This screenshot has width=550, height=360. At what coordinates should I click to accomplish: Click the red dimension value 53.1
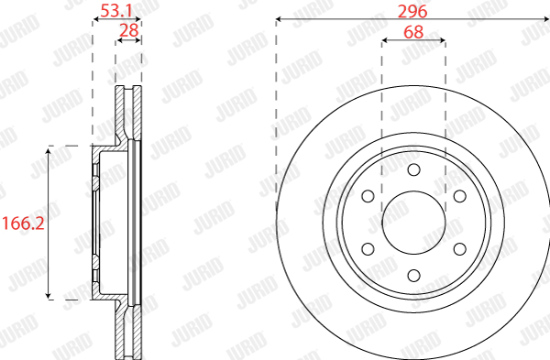click(x=116, y=11)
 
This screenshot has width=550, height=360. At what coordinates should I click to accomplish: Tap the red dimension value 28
click(x=129, y=31)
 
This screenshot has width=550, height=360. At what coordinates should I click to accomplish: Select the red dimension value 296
click(x=412, y=12)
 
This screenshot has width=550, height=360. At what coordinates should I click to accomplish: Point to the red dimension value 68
click(x=413, y=32)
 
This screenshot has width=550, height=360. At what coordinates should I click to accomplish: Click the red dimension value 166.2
click(x=23, y=224)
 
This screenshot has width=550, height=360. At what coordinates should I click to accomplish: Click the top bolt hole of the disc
click(x=414, y=169)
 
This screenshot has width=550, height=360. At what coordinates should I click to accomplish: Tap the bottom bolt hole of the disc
click(x=414, y=276)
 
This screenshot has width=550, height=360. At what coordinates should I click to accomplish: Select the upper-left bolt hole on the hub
click(x=368, y=196)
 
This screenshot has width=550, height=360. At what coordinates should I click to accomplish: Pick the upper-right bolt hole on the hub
click(x=460, y=196)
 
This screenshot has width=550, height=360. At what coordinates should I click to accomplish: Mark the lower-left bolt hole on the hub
click(x=368, y=249)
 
